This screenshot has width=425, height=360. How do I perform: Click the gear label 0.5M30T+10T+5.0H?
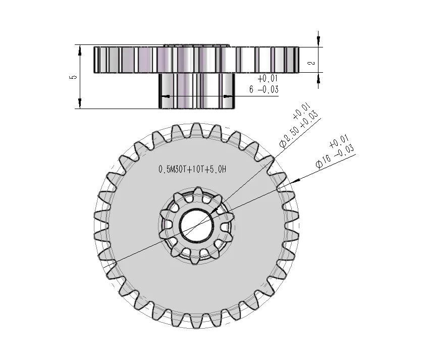[192, 170]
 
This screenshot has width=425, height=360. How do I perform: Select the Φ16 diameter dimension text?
[323, 162]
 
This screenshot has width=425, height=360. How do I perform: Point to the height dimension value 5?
[73, 77]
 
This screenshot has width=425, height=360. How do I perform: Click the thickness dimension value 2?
[312, 63]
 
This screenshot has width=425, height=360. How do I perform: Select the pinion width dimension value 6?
[251, 89]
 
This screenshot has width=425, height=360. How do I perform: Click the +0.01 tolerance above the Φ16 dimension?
[339, 142]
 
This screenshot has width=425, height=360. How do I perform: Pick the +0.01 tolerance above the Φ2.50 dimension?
[302, 111]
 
